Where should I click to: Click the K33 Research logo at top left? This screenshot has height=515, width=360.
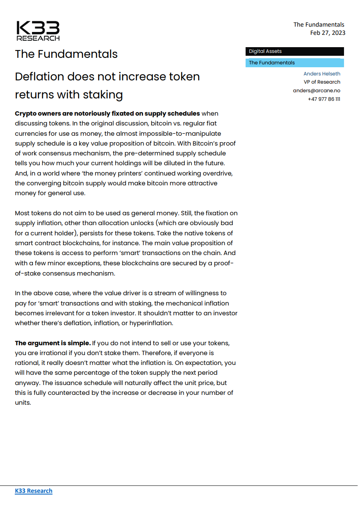38,31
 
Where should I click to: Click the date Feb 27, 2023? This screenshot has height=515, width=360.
328,33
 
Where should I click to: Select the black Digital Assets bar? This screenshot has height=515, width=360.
295,52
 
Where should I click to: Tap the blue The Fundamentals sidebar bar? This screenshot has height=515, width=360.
295,63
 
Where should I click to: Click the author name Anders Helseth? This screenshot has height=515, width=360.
322,74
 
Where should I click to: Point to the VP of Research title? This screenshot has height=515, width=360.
322,82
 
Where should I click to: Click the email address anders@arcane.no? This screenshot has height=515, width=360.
317,91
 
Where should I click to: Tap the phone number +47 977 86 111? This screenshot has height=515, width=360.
324,99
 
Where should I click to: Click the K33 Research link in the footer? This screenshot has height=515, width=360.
34,491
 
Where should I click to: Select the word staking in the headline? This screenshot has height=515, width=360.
103,95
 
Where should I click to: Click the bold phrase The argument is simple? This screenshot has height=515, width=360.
52,343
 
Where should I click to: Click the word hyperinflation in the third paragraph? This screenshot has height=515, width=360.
151,323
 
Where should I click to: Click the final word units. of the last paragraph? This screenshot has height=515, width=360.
23,403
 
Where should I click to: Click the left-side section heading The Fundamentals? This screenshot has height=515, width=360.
66,54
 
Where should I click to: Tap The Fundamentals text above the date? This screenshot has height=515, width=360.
319,25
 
